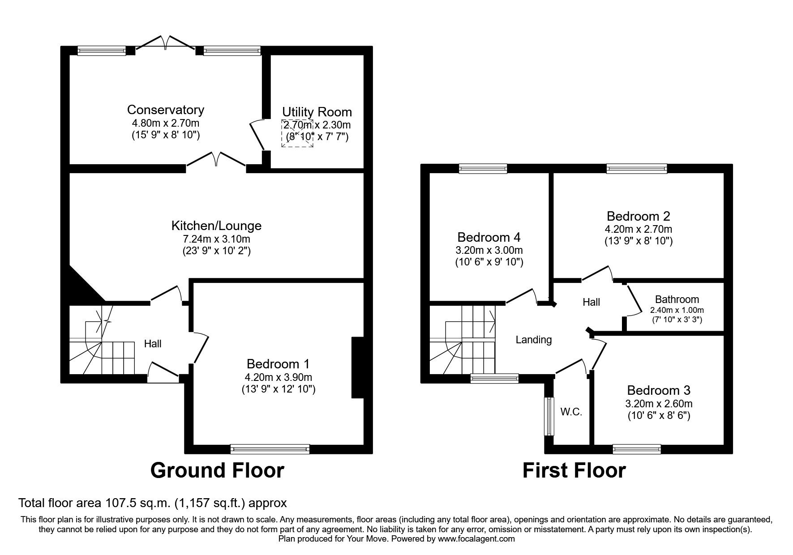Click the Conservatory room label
pyautogui.click(x=165, y=110)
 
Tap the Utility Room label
pyautogui.click(x=317, y=112)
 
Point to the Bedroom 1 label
pyautogui.click(x=278, y=364)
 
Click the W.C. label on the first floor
pyautogui.click(x=571, y=412)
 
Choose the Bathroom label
pyautogui.click(x=677, y=299)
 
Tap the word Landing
pyautogui.click(x=534, y=340)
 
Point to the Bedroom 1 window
pyautogui.click(x=270, y=449)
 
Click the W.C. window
pyautogui.click(x=549, y=416)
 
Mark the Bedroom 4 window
pyautogui.click(x=483, y=169)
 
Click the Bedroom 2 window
pyautogui.click(x=637, y=169)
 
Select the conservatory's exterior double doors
pyautogui.click(x=165, y=42)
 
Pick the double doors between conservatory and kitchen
pyautogui.click(x=216, y=159)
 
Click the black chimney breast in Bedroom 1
pyautogui.click(x=358, y=367)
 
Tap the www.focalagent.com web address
pyautogui.click(x=476, y=539)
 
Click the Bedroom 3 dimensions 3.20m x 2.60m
pyautogui.click(x=659, y=403)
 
